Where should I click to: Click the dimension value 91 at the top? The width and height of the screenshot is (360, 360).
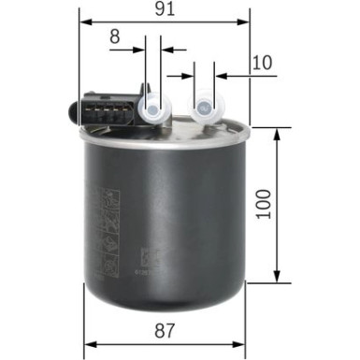(x=166, y=9)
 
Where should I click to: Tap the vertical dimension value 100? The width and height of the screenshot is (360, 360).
(x=265, y=205)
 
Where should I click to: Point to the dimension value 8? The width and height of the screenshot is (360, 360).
(x=115, y=36)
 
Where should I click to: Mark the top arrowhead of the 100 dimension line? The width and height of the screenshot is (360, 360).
(x=278, y=134)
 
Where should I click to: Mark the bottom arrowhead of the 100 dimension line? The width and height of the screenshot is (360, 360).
(x=278, y=277)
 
